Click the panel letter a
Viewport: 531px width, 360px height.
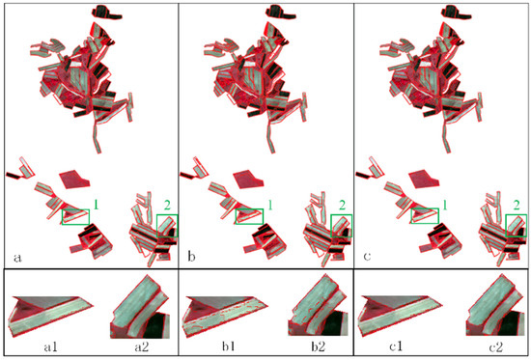pos(17,258)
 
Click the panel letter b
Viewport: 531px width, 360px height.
pos(192,257)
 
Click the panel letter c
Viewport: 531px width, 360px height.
pos(367,257)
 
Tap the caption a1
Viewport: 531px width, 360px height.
pos(50,346)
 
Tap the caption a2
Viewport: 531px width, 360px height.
pos(141,346)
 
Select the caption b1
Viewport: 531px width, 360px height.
pos(229,346)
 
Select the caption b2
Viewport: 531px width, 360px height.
pos(319,346)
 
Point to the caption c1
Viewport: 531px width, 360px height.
pos(396,346)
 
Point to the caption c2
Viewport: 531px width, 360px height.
pos(494,346)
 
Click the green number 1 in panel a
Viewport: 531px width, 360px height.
pos(96,205)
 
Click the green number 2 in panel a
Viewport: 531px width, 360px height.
pos(167,206)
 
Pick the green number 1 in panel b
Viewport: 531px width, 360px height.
pos(270,205)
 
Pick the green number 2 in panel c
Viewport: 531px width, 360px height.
pos(517,206)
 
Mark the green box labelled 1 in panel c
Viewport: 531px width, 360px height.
pos(425,209)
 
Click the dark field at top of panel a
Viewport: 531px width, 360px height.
pos(106,13)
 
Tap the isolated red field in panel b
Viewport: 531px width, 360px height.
pos(248,180)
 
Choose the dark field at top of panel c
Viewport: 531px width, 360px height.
pos(456,13)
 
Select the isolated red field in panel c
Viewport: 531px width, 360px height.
pos(423,180)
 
